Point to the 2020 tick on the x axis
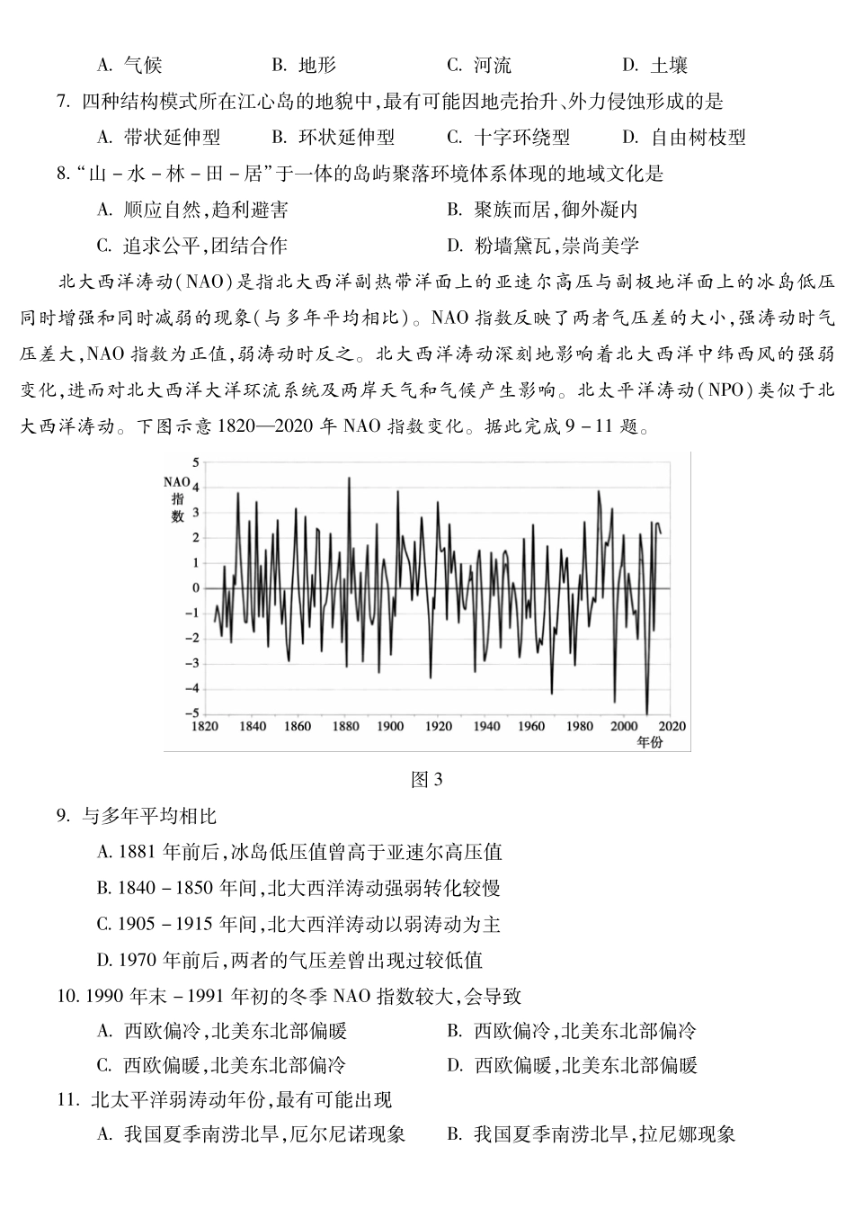coord(672,726)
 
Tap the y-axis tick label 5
coord(196,461)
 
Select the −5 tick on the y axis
coord(193,713)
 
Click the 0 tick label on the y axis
coord(196,587)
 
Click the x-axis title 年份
coord(649,742)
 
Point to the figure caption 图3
coord(426,779)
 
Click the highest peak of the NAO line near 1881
coord(349,478)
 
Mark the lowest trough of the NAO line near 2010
coord(647,713)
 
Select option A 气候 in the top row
coord(130,65)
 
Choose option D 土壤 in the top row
coord(655,65)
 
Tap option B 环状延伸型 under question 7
coord(334,138)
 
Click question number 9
coord(62,817)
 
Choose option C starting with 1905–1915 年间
coord(298,924)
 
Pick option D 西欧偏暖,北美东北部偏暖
coord(572,1066)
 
